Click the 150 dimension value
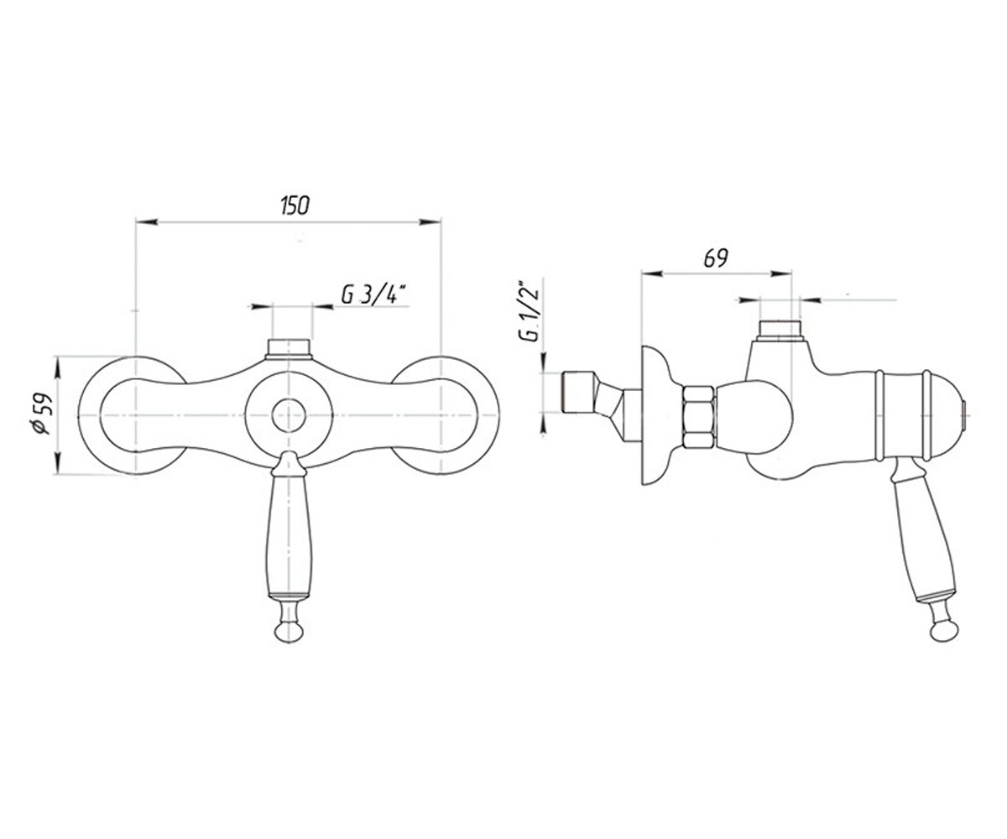coord(295,206)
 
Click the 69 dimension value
coord(716,259)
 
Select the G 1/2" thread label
coord(530,310)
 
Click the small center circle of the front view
coord(289,415)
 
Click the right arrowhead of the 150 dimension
coord(430,221)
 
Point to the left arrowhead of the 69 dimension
coord(651,274)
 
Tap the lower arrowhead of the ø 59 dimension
coord(58,463)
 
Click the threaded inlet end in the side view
coord(578,399)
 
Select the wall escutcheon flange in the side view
coord(657,415)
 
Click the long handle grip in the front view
coord(289,537)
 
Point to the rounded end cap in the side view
coord(945,414)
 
